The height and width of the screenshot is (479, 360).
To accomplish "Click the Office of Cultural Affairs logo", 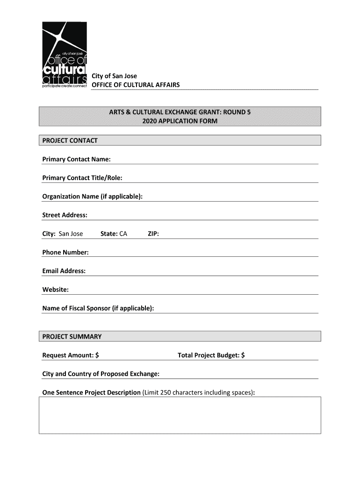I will [65, 57].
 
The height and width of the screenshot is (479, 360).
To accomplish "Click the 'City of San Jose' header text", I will [114, 76].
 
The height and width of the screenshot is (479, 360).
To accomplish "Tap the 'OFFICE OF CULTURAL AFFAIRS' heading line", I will [135, 85].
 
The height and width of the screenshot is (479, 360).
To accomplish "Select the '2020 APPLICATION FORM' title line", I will [180, 121].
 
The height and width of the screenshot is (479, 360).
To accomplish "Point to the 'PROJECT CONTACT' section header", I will [70, 140].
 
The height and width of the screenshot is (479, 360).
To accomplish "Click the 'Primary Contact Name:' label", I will [76, 160].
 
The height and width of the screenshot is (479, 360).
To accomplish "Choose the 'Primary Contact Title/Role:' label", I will [82, 178].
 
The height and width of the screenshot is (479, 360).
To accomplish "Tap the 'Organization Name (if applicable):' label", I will [92, 196].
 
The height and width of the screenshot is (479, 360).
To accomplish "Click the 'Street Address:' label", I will [65, 215].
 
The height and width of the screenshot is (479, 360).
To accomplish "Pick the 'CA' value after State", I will [123, 234].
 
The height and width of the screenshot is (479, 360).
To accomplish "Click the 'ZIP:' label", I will [153, 234].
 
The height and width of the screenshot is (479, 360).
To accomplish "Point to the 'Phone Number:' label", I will [65, 253].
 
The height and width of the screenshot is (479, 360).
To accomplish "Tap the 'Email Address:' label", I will [64, 271].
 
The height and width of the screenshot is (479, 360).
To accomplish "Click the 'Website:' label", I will [56, 290].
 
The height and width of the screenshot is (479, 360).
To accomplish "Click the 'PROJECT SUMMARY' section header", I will [72, 337].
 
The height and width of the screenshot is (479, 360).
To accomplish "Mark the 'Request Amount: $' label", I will [71, 356].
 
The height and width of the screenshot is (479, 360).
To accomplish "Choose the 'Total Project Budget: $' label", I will [211, 356].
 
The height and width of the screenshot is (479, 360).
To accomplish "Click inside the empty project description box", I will [180, 415].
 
